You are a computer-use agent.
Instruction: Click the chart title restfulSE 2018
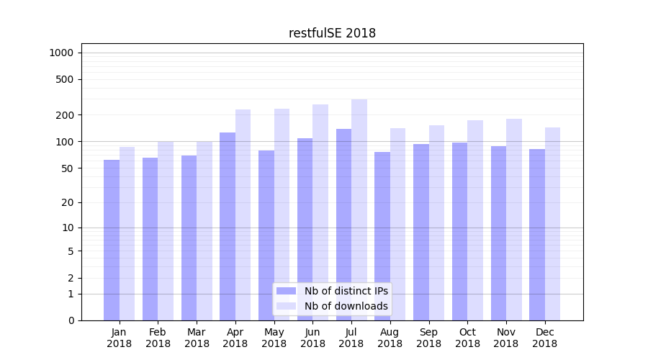[x=332, y=33]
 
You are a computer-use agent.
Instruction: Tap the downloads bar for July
[x=359, y=210]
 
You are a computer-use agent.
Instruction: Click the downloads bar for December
[x=552, y=224]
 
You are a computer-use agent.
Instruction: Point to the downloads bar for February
[x=166, y=230]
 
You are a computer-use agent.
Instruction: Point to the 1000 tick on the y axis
[x=61, y=53]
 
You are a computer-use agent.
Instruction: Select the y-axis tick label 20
[x=68, y=202]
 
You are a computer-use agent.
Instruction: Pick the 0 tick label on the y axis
[x=71, y=320]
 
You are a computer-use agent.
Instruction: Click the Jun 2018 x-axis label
[x=312, y=338]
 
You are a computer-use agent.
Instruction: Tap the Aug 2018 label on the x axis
[x=390, y=338]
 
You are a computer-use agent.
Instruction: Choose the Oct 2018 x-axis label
[x=467, y=338]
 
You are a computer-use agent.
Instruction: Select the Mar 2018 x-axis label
[x=197, y=338]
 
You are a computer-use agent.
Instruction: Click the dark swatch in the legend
[x=287, y=291]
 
